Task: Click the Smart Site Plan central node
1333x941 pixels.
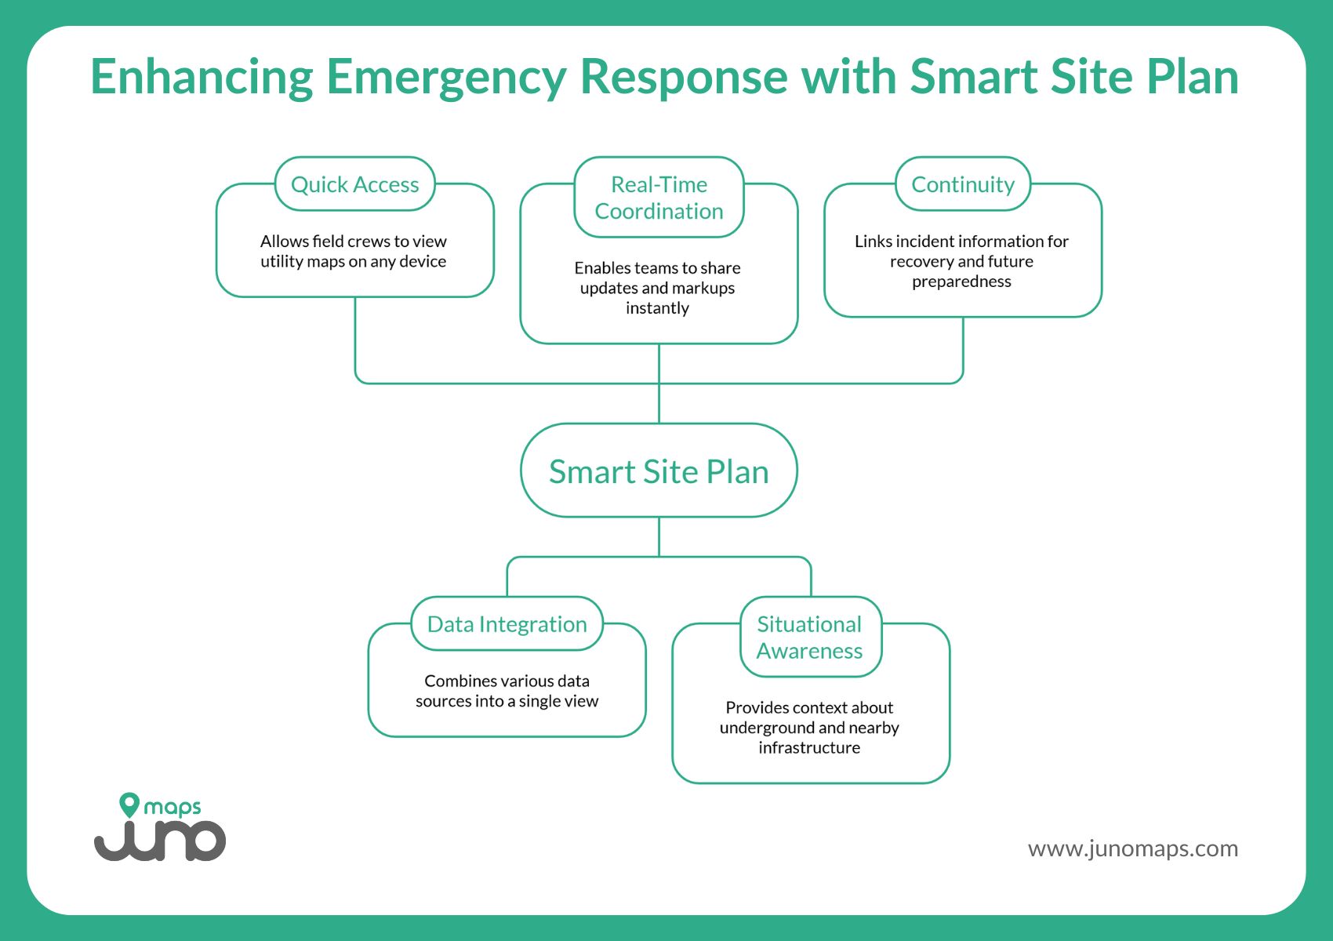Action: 659,470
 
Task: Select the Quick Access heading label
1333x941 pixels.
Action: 354,184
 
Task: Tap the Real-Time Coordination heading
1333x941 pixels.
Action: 659,198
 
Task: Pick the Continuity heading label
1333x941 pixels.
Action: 962,184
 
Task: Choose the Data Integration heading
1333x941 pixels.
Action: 507,624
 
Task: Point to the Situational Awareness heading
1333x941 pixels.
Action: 809,637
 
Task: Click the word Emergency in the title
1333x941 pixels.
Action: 445,77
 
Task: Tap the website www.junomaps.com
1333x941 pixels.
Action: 1132,848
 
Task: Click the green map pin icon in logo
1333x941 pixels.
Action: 129,804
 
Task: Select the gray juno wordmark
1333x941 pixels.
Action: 160,840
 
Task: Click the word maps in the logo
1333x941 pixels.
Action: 173,808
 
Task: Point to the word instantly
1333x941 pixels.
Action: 657,308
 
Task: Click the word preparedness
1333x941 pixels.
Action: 961,282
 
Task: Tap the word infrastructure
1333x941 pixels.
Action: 809,748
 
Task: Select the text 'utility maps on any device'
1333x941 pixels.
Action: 353,261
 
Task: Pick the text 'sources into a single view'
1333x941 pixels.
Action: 507,701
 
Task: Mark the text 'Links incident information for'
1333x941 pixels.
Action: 961,242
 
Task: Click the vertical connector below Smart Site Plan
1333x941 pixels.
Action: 659,537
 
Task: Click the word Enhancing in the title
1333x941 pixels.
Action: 202,77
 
